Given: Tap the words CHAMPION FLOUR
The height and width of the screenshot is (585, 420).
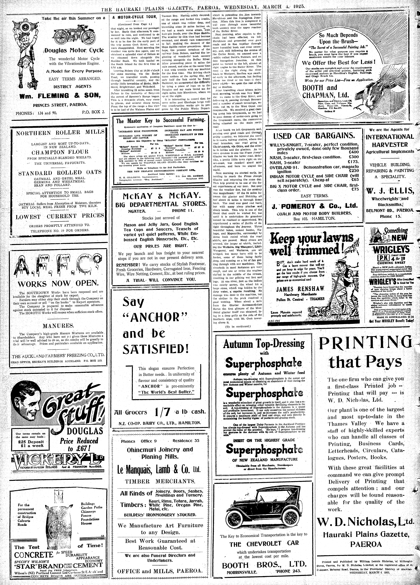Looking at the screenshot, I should [60, 152].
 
